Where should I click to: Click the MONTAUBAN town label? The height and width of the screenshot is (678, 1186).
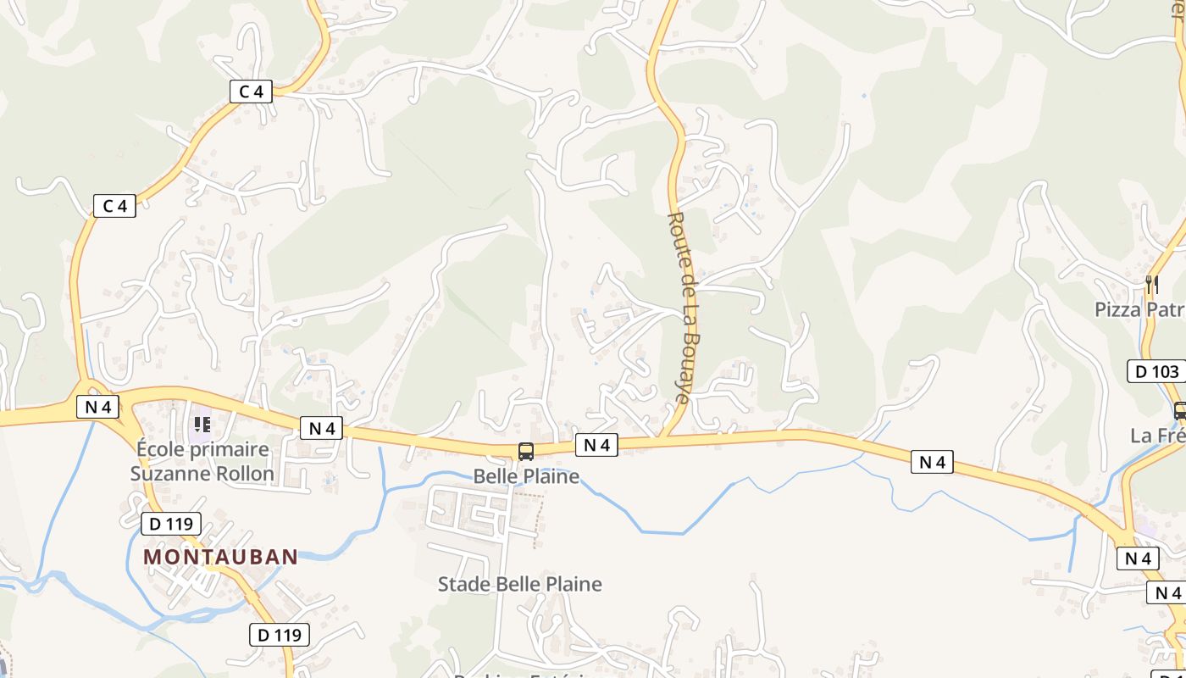tap(220, 557)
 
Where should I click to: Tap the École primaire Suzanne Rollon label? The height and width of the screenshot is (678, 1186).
tap(202, 461)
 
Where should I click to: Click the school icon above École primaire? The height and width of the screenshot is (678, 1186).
tap(202, 423)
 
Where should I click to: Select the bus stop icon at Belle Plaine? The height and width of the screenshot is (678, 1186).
tap(526, 452)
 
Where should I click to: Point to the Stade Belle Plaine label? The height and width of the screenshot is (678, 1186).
tap(519, 584)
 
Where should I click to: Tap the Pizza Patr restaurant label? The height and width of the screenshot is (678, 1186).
tap(1139, 309)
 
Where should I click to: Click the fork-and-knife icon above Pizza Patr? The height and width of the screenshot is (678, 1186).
tap(1151, 285)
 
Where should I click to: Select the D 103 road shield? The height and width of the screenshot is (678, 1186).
tap(1156, 371)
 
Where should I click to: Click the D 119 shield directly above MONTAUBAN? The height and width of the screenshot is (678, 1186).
tap(171, 524)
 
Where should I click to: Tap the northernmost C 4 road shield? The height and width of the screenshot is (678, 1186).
tap(252, 92)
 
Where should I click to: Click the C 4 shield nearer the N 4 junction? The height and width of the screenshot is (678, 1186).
tap(114, 205)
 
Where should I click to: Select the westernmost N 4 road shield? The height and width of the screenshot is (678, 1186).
tap(98, 407)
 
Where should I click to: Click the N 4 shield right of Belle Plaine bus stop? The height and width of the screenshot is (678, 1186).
tap(596, 444)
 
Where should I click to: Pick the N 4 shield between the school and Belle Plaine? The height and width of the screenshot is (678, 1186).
tap(321, 428)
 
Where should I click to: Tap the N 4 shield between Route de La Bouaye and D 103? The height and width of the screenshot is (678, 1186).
tap(932, 462)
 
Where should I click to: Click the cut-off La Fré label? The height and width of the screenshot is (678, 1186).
tap(1157, 436)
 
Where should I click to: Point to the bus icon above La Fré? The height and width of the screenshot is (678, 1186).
tap(1179, 411)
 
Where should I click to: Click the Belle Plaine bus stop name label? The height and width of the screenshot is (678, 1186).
tap(526, 476)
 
